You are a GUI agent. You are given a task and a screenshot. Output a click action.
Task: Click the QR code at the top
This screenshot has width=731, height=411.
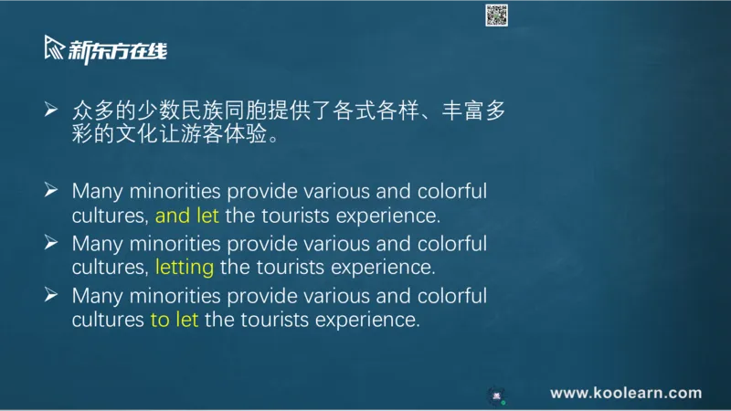tap(496, 16)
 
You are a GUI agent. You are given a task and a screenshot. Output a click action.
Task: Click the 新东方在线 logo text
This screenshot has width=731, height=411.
tap(118, 51)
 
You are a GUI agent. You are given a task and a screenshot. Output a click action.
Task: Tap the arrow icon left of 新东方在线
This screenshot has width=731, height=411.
tap(54, 47)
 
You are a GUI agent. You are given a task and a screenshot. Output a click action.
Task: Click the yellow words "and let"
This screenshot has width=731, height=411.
tap(187, 216)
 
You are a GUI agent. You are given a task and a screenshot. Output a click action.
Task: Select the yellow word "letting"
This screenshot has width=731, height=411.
tap(185, 268)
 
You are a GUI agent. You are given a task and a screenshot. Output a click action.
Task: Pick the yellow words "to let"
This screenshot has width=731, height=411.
tap(175, 320)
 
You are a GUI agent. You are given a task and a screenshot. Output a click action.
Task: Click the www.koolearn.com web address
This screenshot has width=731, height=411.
tap(626, 393)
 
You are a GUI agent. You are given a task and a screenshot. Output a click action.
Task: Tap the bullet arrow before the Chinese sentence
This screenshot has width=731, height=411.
tap(51, 110)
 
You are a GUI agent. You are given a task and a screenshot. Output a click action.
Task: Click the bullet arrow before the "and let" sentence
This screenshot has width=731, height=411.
tap(51, 190)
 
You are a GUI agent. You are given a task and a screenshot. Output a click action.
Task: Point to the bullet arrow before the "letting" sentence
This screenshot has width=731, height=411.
tap(51, 242)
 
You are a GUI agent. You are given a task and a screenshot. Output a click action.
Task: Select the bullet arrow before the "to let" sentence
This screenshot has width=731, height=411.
tap(51, 294)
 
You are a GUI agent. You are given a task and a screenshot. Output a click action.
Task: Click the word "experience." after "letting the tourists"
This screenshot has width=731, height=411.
tap(383, 268)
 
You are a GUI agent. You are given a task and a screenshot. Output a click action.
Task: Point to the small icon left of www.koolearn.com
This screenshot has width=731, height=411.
tap(496, 395)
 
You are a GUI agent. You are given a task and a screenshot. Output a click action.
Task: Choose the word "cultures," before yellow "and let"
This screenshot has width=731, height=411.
tap(110, 216)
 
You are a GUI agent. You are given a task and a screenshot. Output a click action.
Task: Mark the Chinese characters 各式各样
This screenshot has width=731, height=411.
tap(376, 111)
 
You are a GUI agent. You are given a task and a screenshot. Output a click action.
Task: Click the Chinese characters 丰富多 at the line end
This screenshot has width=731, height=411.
tap(473, 111)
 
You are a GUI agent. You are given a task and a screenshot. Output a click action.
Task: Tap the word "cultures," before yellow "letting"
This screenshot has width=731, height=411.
tap(110, 268)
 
